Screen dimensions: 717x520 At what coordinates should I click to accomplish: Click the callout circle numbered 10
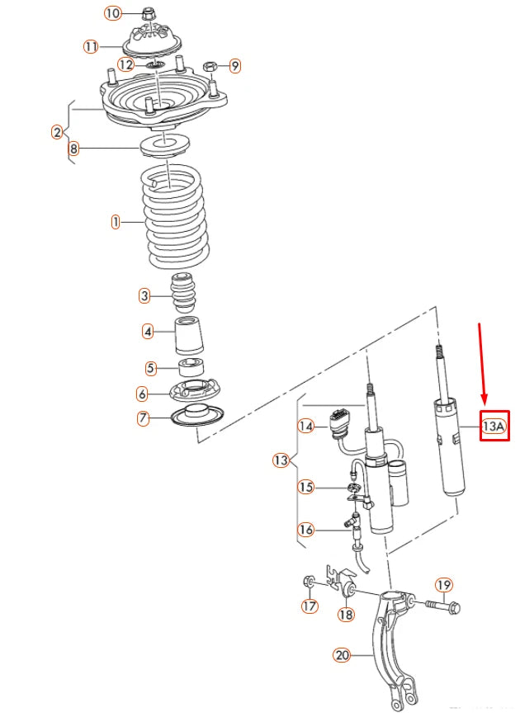(x=112, y=12)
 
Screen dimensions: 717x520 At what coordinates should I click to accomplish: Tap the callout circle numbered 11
(x=91, y=46)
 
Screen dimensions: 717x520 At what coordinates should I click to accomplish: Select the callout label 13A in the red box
(x=494, y=427)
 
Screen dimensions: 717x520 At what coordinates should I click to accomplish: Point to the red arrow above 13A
(x=484, y=363)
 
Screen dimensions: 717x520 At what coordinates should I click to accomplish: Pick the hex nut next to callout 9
(x=210, y=64)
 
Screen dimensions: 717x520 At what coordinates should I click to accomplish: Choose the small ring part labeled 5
(x=192, y=367)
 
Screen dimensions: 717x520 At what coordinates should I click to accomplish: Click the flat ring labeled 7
(x=195, y=418)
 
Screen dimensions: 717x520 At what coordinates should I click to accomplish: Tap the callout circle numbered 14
(x=306, y=427)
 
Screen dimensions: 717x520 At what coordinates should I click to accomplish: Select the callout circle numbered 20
(x=343, y=656)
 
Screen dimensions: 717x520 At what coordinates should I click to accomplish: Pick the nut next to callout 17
(x=309, y=582)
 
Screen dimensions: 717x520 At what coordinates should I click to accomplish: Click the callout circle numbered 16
(x=306, y=530)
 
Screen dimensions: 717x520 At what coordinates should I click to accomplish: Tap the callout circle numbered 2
(x=57, y=132)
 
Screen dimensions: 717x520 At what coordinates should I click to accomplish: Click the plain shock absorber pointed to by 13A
(x=450, y=446)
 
